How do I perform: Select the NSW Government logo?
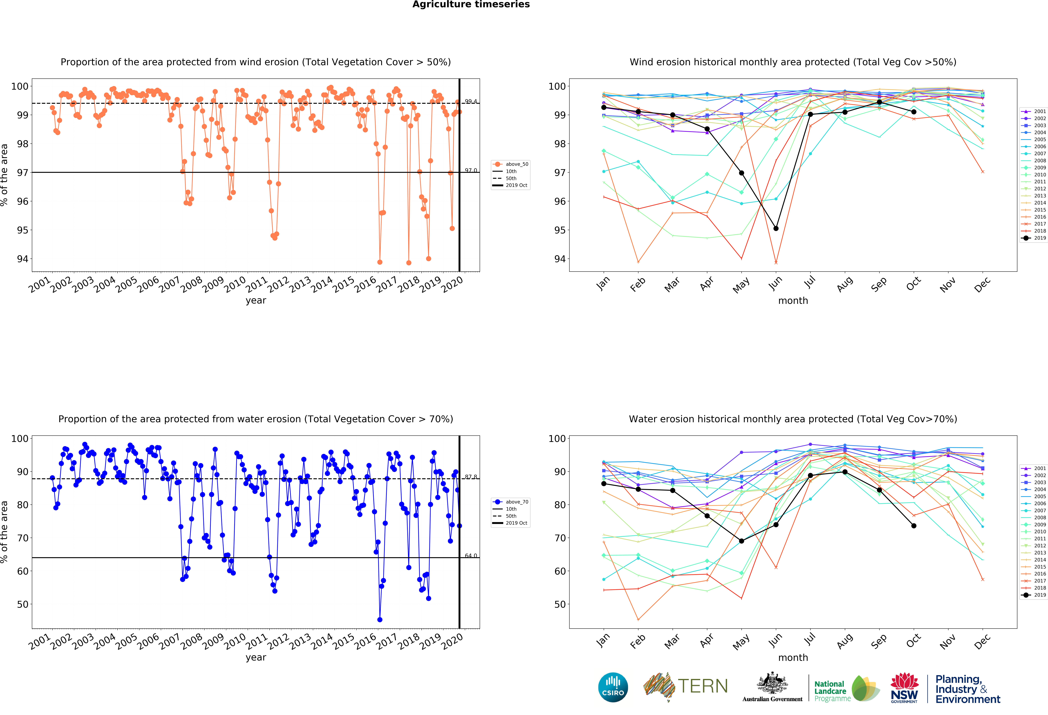point(904,688)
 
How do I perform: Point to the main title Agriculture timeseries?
point(471,4)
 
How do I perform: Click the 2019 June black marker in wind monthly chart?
point(776,228)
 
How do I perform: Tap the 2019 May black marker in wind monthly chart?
point(741,173)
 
